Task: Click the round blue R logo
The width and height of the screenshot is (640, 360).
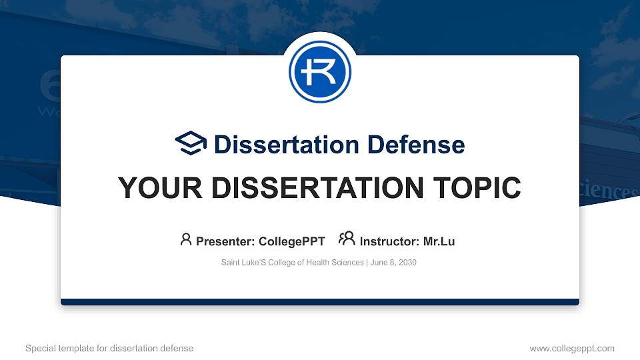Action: [x=320, y=72]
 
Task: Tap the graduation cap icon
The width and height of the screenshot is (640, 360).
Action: [x=191, y=143]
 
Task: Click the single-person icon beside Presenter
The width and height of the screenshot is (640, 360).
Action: [x=186, y=239]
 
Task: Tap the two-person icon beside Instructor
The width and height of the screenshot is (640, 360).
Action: [x=347, y=239]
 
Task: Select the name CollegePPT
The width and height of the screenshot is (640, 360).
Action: [x=293, y=241]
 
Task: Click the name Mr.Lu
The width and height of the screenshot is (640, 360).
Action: [x=439, y=241]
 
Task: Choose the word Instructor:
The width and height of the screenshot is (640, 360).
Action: [x=389, y=241]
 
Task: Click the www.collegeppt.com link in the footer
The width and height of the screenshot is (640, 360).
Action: [x=572, y=348]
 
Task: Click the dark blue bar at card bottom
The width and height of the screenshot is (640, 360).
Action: [x=320, y=302]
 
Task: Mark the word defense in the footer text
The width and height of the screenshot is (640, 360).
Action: [x=177, y=348]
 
